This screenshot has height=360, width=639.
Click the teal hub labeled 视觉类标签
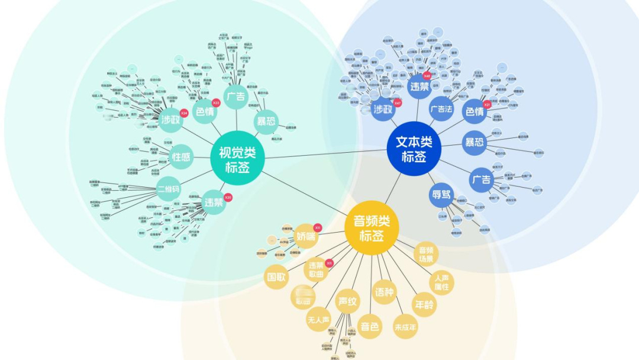pos(237,159)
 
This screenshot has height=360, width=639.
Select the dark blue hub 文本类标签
pos(414,149)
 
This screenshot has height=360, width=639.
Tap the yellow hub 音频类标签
pos(372,228)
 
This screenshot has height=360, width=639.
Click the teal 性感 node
pos(181,157)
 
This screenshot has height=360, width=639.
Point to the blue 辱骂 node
pos(442,195)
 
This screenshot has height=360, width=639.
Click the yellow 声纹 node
pos(347,301)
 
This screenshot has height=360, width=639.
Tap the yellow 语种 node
pos(384,292)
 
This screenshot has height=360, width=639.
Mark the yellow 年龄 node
pos(424,304)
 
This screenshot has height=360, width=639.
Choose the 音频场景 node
pos(427,254)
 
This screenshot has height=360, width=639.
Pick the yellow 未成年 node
pos(406,326)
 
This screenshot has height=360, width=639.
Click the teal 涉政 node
pos(171,120)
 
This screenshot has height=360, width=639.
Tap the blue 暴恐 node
pos(475,143)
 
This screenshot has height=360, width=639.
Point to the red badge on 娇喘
pos(317,227)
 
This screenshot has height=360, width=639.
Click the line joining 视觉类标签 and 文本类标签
pos(325,155)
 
